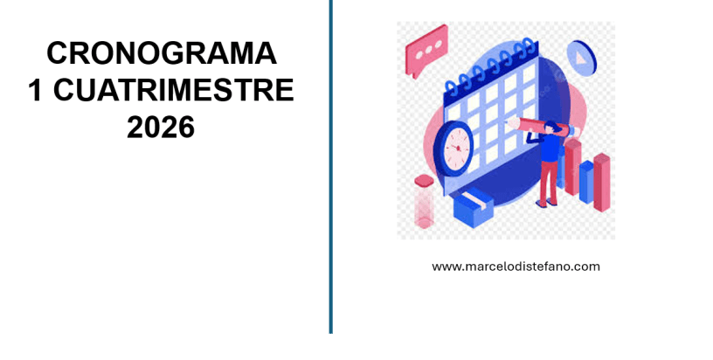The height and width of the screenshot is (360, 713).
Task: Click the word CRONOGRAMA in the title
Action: click(x=162, y=53)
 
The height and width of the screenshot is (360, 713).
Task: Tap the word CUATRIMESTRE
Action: click(x=174, y=90)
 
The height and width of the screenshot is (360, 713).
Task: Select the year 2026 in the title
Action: click(x=161, y=128)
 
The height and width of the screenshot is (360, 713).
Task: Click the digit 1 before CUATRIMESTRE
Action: click(x=36, y=90)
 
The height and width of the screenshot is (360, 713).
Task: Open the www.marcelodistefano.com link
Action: click(x=516, y=267)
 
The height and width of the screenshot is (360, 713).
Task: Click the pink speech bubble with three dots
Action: click(x=426, y=49)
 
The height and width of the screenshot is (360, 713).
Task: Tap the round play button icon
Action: click(x=582, y=58)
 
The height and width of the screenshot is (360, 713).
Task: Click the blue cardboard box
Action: click(x=473, y=207)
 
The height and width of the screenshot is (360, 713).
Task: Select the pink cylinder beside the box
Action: click(x=424, y=201)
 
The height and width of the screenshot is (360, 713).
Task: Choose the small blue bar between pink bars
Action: click(x=586, y=182)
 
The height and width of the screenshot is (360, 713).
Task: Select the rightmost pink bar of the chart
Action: click(x=601, y=182)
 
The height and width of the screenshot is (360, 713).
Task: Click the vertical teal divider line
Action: click(x=330, y=167)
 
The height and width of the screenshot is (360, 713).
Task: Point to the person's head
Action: click(x=550, y=128)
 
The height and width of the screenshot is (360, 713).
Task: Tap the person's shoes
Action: click(x=547, y=203)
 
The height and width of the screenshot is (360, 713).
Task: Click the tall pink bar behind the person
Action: click(x=572, y=166)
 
